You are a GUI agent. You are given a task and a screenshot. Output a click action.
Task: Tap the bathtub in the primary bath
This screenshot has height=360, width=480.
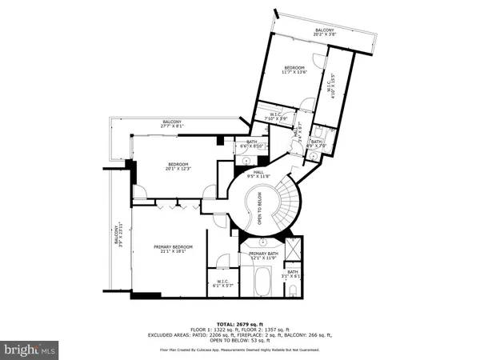click(x=260, y=282)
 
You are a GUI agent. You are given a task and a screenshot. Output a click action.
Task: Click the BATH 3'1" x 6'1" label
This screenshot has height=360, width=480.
click(x=293, y=274)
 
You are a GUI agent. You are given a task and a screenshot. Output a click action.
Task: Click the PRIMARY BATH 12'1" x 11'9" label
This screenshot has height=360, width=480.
click(x=262, y=255)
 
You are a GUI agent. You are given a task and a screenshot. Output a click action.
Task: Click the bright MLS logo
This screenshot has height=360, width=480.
click(x=30, y=350)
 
